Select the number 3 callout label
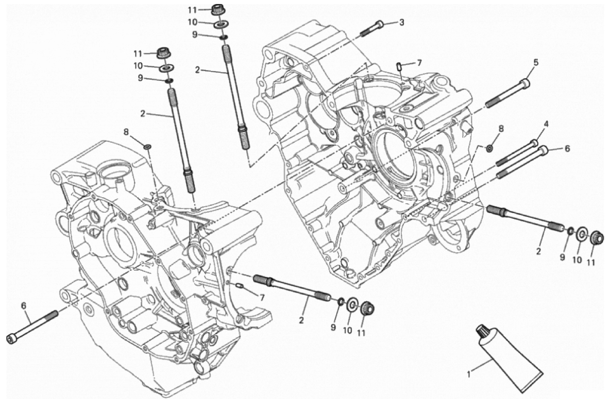point(401,22)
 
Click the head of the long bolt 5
point(525,83)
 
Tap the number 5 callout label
point(535,62)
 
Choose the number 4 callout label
point(546,124)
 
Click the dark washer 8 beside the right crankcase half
point(489,149)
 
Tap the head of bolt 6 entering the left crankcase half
point(11,338)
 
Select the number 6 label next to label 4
point(567,148)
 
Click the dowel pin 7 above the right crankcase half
point(399,65)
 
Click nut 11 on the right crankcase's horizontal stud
point(597,238)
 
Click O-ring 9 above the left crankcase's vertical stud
point(169,81)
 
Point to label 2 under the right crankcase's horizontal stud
point(538,251)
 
